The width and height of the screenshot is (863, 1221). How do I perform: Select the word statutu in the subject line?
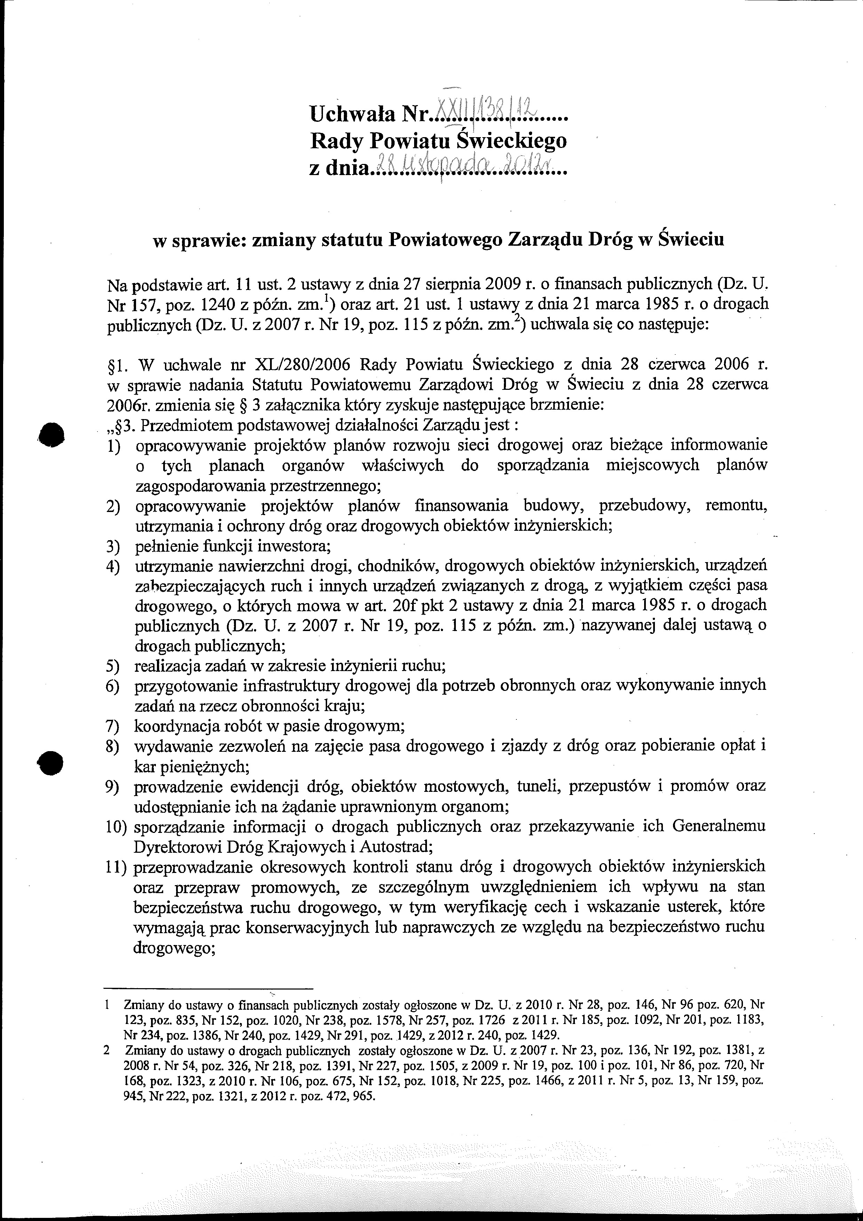(354, 241)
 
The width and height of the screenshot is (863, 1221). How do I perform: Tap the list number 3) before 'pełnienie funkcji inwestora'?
(113, 546)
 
